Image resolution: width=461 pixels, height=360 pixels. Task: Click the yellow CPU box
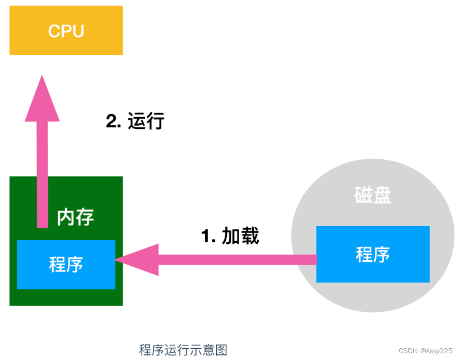66,30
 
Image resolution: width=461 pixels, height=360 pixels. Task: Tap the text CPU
66,31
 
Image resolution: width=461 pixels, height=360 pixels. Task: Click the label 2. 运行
135,121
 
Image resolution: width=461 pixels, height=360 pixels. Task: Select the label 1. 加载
230,236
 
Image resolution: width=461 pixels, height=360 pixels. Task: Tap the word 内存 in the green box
75,217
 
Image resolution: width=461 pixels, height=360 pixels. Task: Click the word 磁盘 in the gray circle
373,195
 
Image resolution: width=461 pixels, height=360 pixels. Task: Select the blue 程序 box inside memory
66,264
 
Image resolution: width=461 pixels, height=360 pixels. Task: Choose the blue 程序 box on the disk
373,254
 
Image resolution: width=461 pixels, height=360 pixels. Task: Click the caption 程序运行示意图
183,350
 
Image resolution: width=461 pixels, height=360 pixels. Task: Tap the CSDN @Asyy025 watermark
425,350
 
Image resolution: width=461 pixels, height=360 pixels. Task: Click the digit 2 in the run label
111,121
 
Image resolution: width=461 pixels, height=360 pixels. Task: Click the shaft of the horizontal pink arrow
238,260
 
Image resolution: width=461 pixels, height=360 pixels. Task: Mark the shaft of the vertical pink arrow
43,174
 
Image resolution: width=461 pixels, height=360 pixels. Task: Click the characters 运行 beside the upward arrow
146,121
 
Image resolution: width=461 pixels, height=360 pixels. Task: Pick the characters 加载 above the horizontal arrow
240,236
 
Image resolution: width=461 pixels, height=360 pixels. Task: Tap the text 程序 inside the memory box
66,264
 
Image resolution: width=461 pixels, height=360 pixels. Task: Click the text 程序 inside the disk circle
373,255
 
